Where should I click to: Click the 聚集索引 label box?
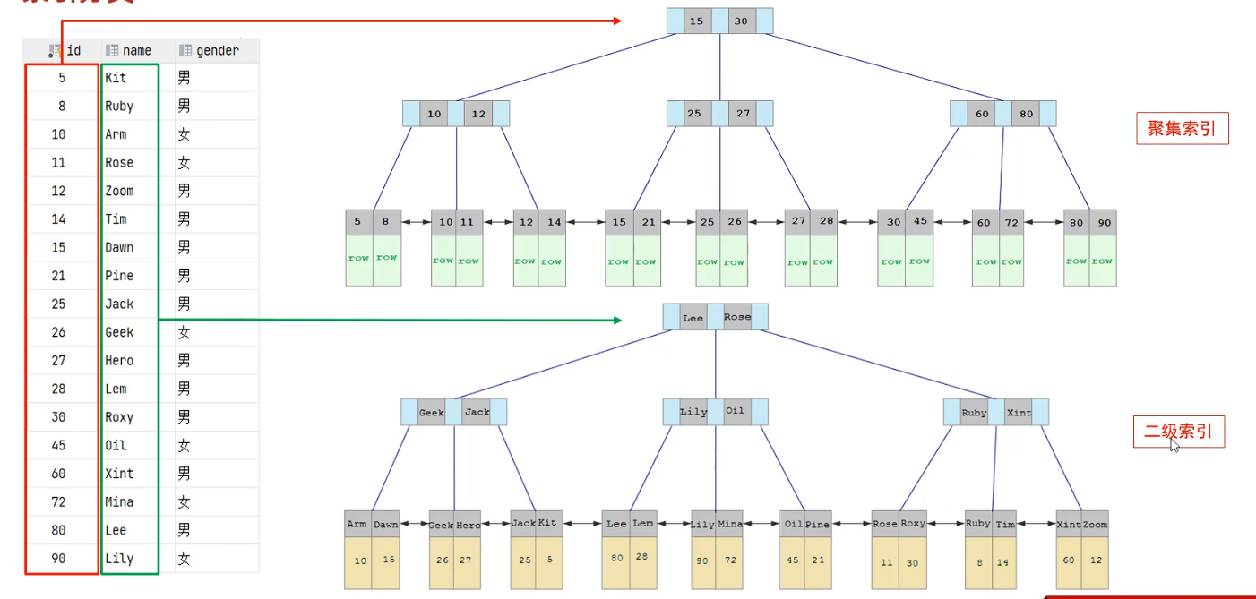pyautogui.click(x=1181, y=129)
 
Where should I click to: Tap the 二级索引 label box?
pyautogui.click(x=1178, y=432)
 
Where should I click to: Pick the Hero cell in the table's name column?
pyautogui.click(x=119, y=361)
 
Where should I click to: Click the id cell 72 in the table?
pyautogui.click(x=58, y=502)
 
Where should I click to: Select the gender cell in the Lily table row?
pyautogui.click(x=185, y=559)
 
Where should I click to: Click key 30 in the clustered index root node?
pyautogui.click(x=740, y=21)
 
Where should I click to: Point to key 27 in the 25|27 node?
pyautogui.click(x=743, y=114)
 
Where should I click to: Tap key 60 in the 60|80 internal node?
pyautogui.click(x=983, y=114)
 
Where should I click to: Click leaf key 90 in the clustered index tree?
pyautogui.click(x=1103, y=222)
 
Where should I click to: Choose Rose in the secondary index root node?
pyautogui.click(x=737, y=317)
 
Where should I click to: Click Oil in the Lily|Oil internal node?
pyautogui.click(x=736, y=412)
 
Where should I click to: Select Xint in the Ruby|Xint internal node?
pyautogui.click(x=1019, y=413)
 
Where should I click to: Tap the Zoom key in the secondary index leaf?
pyautogui.click(x=1095, y=525)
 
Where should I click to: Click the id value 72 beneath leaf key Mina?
pyautogui.click(x=730, y=560)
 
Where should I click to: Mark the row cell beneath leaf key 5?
pyautogui.click(x=359, y=260)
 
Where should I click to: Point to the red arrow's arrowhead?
pyautogui.click(x=616, y=20)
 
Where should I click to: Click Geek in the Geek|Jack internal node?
pyautogui.click(x=432, y=413)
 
